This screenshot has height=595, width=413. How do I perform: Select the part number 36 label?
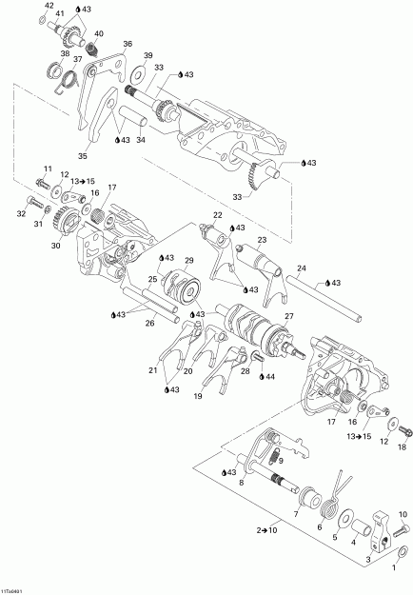(128, 44)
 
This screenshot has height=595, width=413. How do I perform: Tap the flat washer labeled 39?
(148, 71)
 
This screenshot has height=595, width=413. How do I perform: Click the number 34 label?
(141, 140)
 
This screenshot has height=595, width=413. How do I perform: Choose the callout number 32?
(19, 215)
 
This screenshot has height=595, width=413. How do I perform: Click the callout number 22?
(218, 217)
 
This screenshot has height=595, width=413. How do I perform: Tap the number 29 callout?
(189, 260)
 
